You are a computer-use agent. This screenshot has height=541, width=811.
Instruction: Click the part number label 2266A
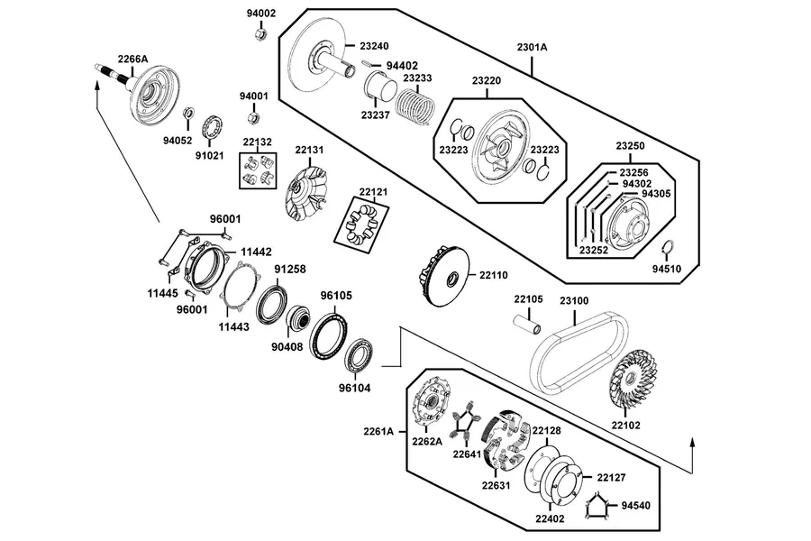coord(132,59)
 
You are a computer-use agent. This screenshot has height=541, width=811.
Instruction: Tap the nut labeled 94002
coord(261,34)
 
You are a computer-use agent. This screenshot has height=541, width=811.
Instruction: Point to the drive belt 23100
coord(579,352)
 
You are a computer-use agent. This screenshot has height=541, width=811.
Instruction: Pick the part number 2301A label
coord(532,47)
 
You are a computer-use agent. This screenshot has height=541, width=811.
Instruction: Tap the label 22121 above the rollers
coord(373,192)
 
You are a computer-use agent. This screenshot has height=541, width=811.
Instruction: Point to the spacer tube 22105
coord(527,324)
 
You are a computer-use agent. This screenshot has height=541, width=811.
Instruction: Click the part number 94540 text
coord(635,505)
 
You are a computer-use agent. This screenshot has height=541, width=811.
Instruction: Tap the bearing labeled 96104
coord(359,354)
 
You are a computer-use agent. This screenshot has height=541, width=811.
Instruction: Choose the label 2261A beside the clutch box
coord(378,431)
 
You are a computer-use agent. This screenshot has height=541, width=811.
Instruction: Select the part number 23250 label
coord(630,146)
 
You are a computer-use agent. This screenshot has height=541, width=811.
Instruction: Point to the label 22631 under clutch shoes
coord(496,486)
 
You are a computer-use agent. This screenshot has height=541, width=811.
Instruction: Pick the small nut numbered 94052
coord(190,113)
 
